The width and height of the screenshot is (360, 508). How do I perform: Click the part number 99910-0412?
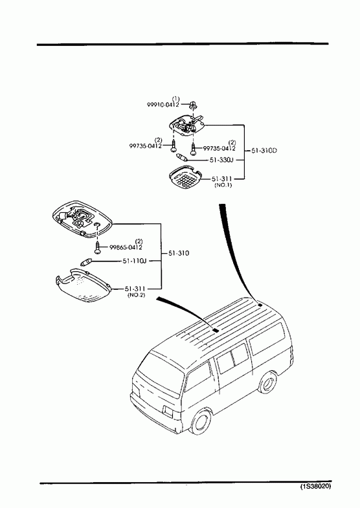163,105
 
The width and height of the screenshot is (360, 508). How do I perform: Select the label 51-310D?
264,151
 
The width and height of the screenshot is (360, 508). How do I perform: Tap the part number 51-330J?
221,160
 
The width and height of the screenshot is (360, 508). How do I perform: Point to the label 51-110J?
135,261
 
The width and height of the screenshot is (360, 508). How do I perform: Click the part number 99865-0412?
126,247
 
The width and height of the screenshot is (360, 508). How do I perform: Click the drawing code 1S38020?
315,486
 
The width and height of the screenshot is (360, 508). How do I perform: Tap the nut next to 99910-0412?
194,105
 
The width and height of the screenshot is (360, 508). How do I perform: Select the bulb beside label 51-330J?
181,158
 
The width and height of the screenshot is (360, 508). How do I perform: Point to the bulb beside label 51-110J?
87,261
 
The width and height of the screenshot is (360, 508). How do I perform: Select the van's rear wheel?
268,382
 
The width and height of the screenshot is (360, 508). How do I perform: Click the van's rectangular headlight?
168,412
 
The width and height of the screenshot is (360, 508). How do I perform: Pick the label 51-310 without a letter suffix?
179,253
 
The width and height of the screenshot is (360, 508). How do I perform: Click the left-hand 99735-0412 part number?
146,146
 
